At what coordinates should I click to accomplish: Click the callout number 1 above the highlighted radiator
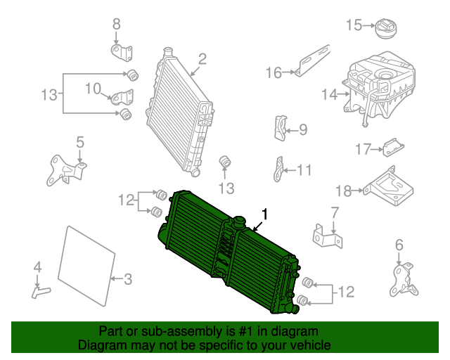pos(265,213)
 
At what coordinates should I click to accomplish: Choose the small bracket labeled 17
pos(392,148)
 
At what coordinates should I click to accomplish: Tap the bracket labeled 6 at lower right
pos(404,279)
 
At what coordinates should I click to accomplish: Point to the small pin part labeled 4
pos(41,289)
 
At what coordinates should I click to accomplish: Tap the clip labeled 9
pos(280,127)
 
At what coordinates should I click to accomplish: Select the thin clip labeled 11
pos(278,169)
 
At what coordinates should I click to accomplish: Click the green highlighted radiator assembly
pos(225,253)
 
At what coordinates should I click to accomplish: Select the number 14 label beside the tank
pos(330,93)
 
